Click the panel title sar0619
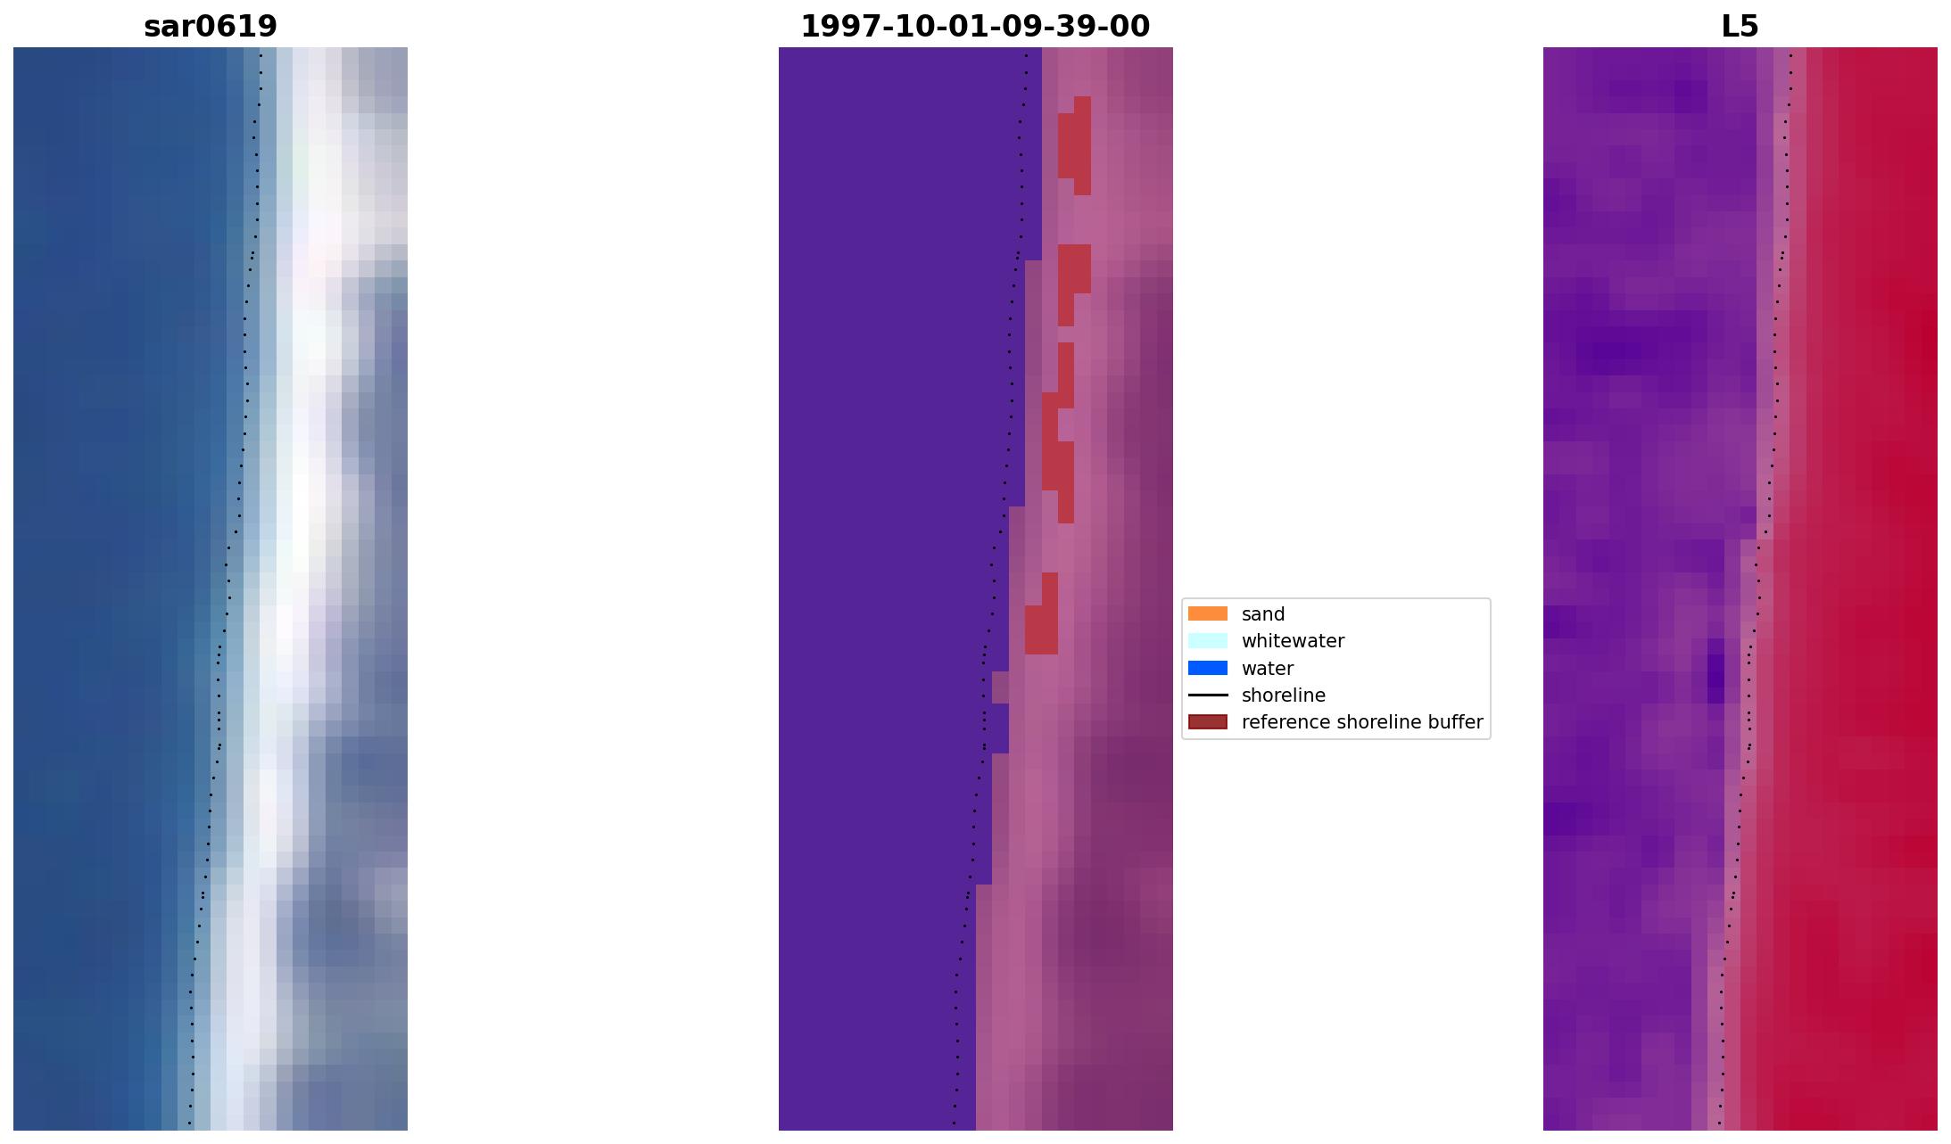point(211,27)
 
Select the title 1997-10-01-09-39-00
point(975,27)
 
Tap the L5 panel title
point(1740,27)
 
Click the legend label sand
point(1262,614)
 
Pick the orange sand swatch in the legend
point(1207,614)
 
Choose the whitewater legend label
point(1292,641)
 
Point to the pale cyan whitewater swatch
point(1207,641)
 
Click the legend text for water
point(1267,669)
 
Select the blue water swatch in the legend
point(1207,669)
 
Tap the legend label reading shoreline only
point(1283,695)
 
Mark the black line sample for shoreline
point(1207,695)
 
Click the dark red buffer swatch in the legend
point(1207,722)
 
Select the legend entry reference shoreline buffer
point(1361,722)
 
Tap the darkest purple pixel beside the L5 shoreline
point(1715,679)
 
